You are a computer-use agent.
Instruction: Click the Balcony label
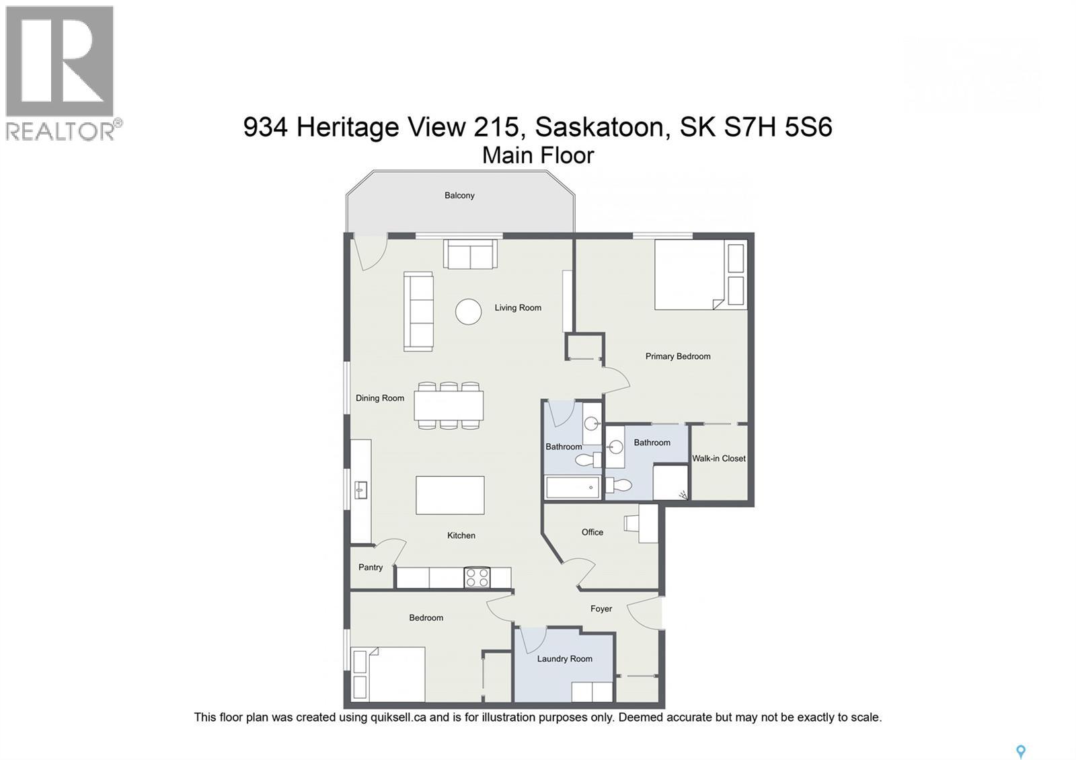(x=459, y=196)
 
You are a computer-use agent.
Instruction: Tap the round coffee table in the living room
(x=468, y=311)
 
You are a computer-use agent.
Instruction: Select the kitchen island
(x=450, y=495)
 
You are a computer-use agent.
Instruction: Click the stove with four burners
(x=477, y=578)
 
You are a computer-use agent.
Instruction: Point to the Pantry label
(x=371, y=568)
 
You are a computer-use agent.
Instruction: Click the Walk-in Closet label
(x=719, y=459)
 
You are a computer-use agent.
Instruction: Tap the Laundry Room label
(x=564, y=659)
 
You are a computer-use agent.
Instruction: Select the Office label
(x=592, y=533)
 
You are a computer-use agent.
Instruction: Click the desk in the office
(x=648, y=524)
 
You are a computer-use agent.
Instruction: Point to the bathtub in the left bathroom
(x=572, y=487)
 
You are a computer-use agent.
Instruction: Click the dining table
(x=449, y=406)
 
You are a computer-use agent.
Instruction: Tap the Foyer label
(x=601, y=609)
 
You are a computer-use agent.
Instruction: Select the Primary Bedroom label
(x=678, y=356)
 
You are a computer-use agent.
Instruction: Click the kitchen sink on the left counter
(x=360, y=490)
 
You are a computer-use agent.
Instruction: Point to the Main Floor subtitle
(x=538, y=155)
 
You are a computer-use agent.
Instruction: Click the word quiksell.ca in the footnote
(x=398, y=718)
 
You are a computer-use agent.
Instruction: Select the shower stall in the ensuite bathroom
(x=670, y=482)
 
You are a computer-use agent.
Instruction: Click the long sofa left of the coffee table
(x=418, y=311)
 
